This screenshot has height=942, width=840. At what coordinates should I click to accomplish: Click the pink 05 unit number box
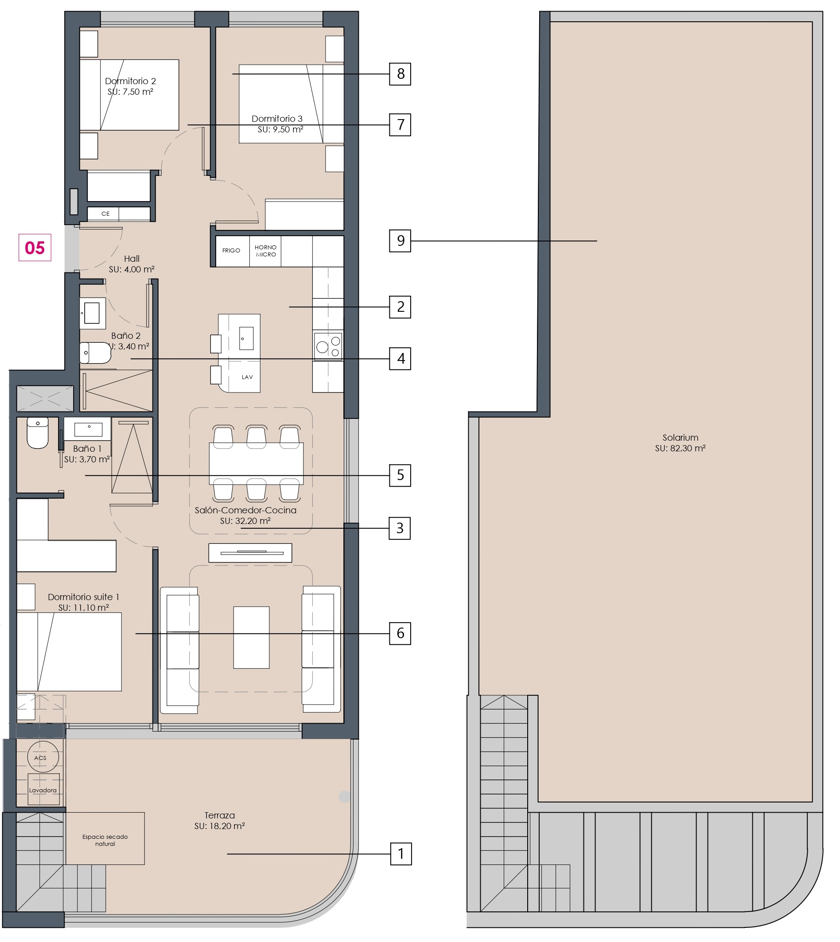tap(35, 248)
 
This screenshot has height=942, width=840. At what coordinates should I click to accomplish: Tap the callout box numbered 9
tap(400, 240)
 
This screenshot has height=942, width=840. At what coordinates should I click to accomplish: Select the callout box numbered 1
tap(401, 854)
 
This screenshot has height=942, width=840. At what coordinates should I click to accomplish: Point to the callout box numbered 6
tap(400, 633)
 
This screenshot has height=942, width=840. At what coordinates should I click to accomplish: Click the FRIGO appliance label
tap(231, 251)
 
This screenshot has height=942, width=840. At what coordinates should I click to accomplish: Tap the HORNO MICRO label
tap(265, 251)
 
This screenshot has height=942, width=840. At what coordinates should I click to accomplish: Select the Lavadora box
tap(43, 789)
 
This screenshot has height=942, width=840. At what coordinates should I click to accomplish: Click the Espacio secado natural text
tap(105, 840)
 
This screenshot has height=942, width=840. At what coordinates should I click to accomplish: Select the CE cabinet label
tap(106, 213)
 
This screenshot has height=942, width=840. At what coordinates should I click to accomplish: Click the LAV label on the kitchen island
tap(247, 377)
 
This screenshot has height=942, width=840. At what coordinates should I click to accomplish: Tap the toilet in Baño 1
tap(37, 433)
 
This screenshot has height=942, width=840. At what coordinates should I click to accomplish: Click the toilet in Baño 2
tap(95, 353)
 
